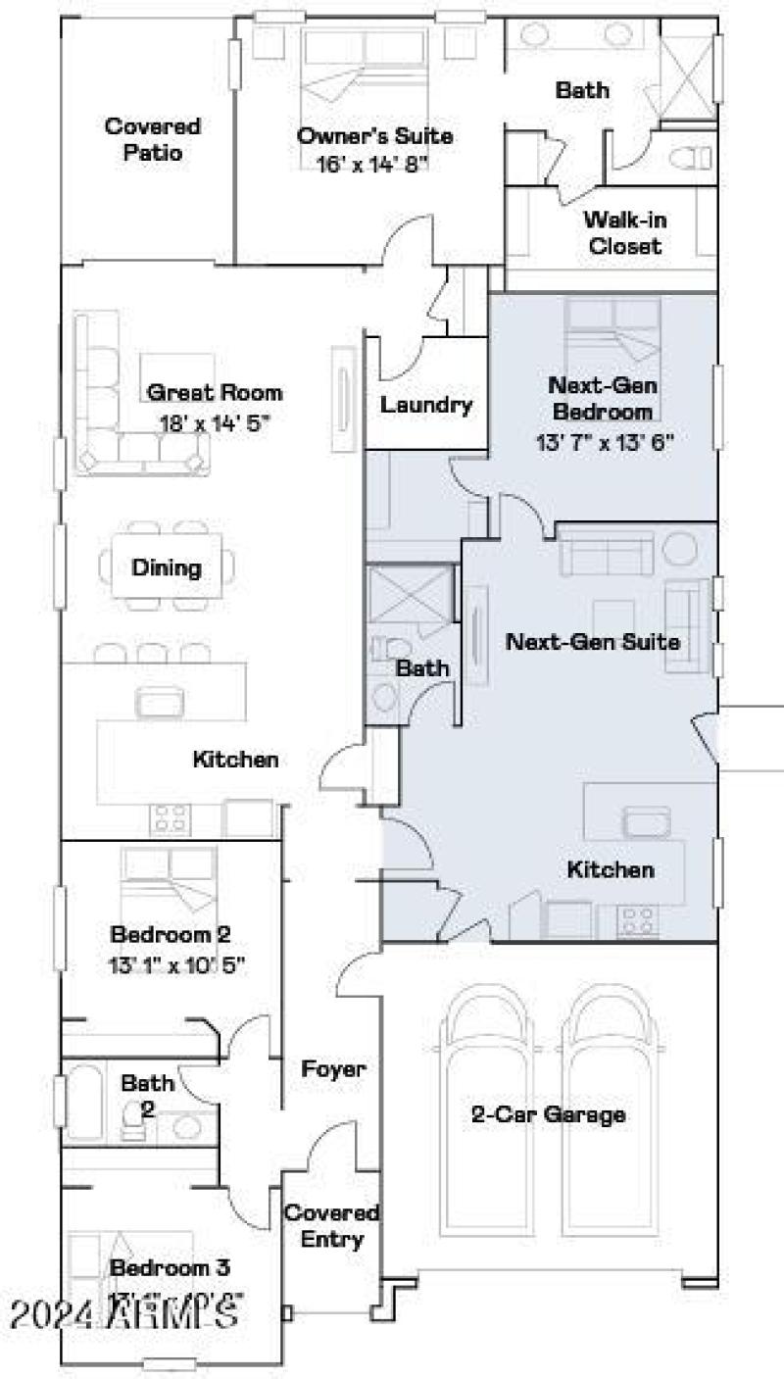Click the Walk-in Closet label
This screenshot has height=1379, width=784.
point(624,232)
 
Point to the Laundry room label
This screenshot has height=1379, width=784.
point(426,404)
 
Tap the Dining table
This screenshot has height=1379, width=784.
point(167,567)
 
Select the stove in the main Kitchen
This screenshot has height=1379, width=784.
point(170,819)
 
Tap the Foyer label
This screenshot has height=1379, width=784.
point(333,1068)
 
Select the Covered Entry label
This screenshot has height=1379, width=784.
point(332,1226)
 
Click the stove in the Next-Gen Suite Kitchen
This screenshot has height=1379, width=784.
point(637,920)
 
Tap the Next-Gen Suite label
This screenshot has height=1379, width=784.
point(592,643)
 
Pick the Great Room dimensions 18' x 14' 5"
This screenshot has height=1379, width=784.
point(215,424)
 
